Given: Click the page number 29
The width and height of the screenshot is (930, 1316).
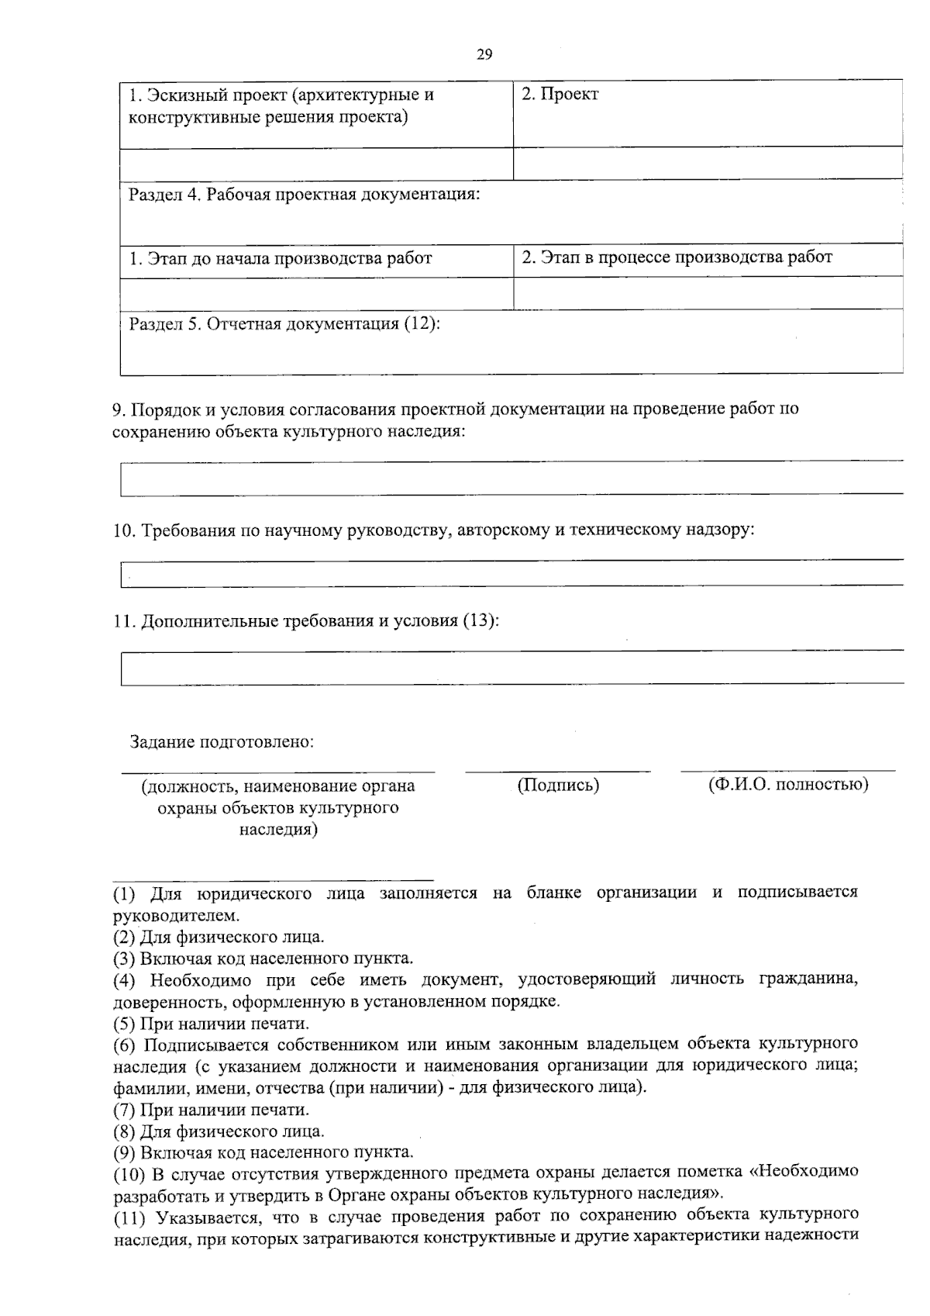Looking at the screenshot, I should click(x=484, y=54).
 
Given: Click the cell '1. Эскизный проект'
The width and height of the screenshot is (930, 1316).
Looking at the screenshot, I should click(x=281, y=106).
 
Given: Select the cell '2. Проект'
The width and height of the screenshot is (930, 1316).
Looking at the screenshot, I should click(x=560, y=95).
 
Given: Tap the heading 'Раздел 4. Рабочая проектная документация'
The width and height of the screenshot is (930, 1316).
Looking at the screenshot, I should click(x=305, y=194).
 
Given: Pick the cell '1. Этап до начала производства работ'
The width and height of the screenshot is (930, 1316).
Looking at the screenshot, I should click(x=281, y=258).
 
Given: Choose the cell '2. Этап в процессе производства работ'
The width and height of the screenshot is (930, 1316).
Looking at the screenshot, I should click(x=677, y=257).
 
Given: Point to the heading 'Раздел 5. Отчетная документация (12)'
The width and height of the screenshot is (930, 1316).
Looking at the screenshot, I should click(x=284, y=324).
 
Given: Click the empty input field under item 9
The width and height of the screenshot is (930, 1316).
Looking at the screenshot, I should click(x=511, y=478).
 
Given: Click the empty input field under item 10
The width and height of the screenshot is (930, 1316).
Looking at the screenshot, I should click(x=511, y=574).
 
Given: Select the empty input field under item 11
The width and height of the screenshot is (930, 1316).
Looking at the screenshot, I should click(x=511, y=668).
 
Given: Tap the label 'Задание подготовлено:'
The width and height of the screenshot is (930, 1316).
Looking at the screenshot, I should click(x=222, y=742).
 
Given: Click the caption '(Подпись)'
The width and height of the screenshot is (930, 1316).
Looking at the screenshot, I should click(x=558, y=785).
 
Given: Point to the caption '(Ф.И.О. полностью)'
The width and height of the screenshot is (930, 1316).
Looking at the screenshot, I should click(x=788, y=784).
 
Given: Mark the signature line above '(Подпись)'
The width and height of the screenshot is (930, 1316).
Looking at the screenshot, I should click(x=558, y=772).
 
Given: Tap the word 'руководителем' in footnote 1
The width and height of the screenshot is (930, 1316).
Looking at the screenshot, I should click(x=166, y=915).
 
